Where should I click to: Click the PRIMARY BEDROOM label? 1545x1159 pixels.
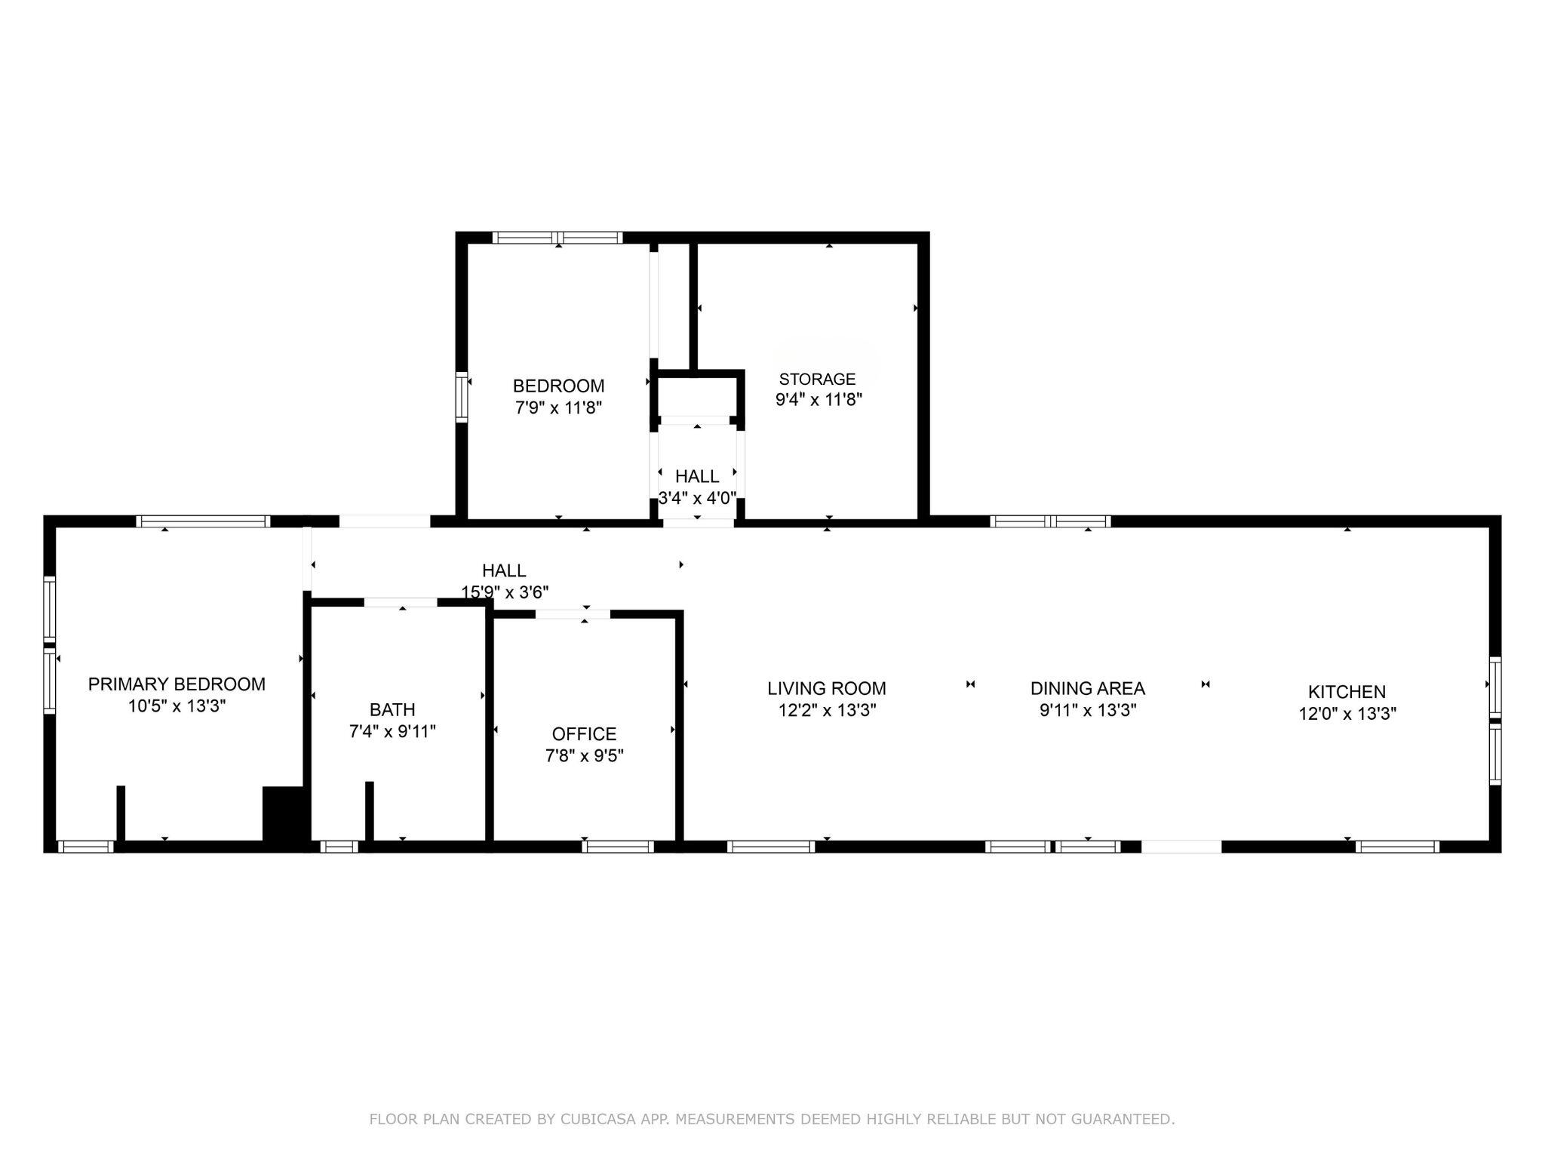[177, 684]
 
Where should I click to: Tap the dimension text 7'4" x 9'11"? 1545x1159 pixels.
[392, 731]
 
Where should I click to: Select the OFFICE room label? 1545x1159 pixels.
[584, 734]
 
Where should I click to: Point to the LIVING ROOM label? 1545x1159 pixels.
[827, 688]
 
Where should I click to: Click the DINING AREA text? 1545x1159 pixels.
[1088, 688]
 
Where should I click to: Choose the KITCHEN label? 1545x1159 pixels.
[1347, 692]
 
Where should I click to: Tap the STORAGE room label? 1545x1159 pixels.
[818, 379]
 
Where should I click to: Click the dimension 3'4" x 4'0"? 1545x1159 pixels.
[697, 498]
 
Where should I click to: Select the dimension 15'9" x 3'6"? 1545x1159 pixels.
[505, 592]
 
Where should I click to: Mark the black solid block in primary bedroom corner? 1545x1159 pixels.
[283, 813]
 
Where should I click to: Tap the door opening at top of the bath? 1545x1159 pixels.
[401, 602]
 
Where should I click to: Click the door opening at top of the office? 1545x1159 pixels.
[573, 613]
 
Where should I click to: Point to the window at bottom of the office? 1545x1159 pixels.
[618, 847]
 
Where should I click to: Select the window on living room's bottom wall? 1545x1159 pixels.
[771, 847]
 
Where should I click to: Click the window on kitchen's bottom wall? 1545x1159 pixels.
[1397, 847]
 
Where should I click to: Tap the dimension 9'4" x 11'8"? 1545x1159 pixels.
[819, 400]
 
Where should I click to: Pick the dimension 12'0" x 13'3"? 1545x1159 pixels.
[1347, 714]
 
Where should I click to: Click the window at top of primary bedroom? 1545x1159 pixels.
[203, 521]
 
